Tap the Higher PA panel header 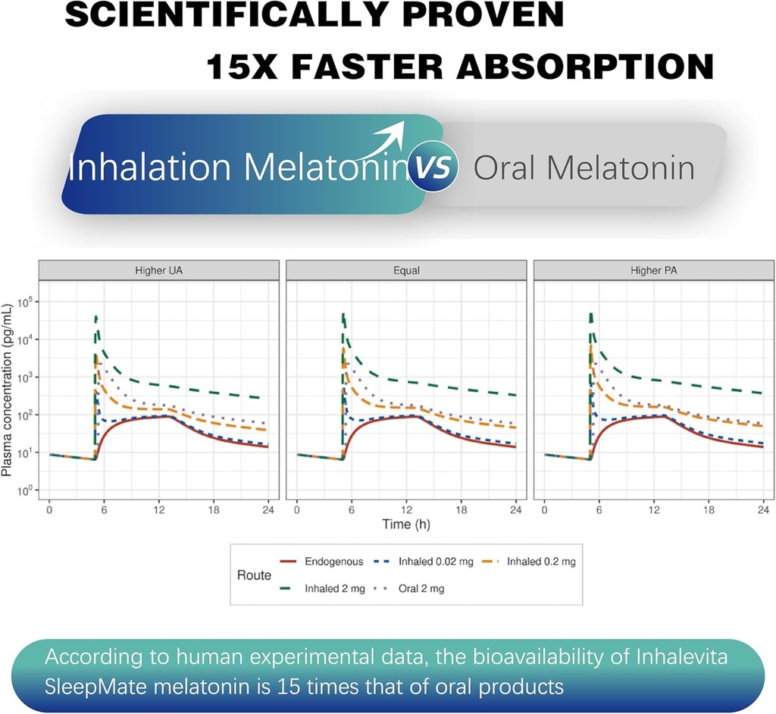[x=653, y=270]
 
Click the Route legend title [x=254, y=575]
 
